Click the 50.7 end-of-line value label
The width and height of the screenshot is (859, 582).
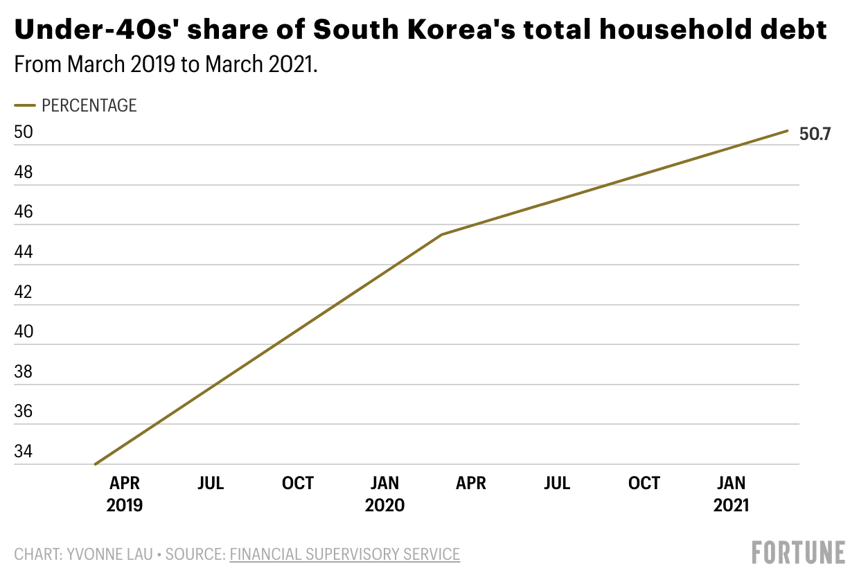point(815,134)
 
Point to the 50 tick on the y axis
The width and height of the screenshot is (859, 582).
point(23,132)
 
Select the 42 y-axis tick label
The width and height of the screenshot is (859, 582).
point(23,292)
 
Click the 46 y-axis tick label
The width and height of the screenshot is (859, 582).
point(23,212)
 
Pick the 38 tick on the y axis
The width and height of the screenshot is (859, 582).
point(23,372)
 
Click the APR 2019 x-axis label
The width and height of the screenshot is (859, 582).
point(125,494)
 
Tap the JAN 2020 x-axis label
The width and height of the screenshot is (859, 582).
point(384,494)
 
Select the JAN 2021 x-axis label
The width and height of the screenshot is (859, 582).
point(731,494)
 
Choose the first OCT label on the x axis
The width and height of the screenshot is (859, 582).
point(298,483)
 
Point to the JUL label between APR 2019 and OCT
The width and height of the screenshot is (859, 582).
point(211,483)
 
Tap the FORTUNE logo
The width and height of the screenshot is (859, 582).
point(799,553)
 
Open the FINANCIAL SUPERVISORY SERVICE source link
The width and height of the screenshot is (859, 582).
point(344,554)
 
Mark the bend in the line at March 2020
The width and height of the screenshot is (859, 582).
point(441,235)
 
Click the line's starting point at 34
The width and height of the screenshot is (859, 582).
point(95,464)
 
